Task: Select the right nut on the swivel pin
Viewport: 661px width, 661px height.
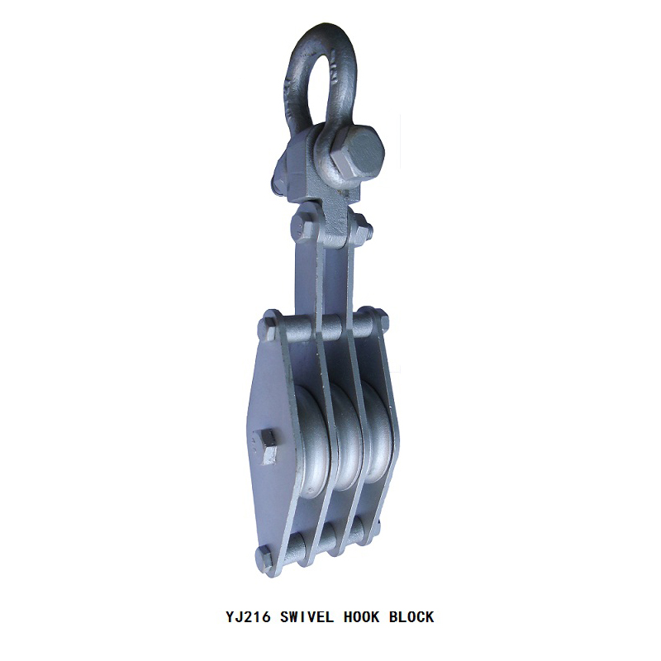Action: [x=364, y=229]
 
